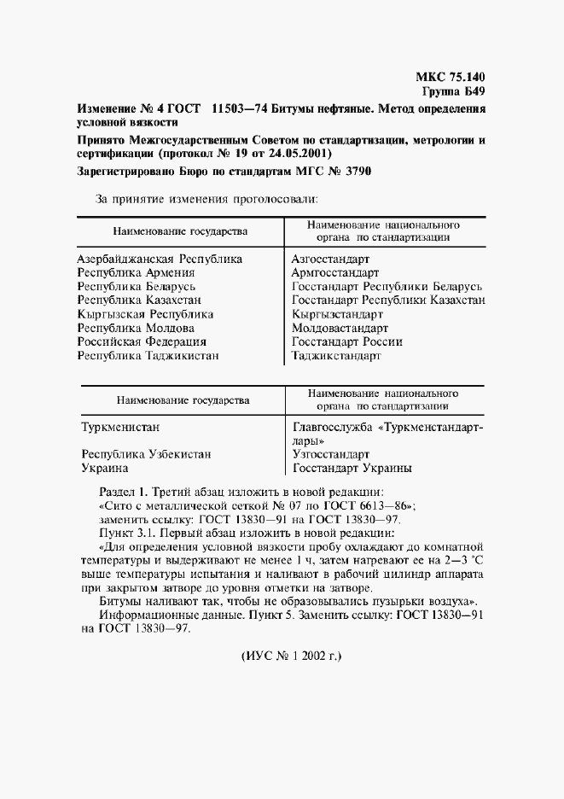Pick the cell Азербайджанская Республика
(x=160, y=259)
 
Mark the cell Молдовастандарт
(x=340, y=328)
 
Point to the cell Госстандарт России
(x=346, y=341)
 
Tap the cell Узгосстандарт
(x=331, y=455)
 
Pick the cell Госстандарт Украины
(x=352, y=469)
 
